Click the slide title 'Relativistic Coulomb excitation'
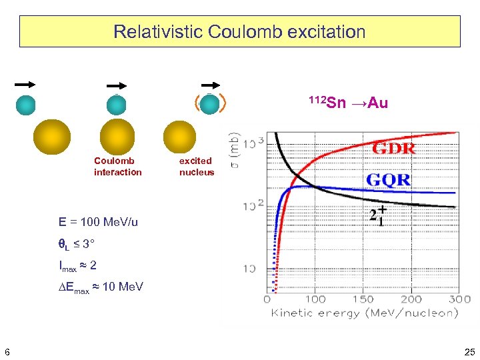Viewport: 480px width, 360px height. (239, 31)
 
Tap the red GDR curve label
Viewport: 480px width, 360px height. (393, 149)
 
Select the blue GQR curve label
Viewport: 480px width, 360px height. (388, 180)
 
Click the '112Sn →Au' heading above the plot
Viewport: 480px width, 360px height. (348, 103)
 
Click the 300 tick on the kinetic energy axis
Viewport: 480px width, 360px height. (459, 299)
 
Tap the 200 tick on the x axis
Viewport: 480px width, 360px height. (411, 299)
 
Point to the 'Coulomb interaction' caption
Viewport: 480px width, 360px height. (117, 166)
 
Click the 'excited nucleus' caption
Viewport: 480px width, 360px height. (197, 166)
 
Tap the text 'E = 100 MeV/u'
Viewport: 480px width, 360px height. (98, 222)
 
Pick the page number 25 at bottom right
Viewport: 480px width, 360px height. (469, 351)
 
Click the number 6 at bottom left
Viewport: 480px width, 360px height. (7, 351)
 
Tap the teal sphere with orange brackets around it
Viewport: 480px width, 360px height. (210, 105)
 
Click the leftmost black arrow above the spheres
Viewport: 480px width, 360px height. (25, 85)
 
